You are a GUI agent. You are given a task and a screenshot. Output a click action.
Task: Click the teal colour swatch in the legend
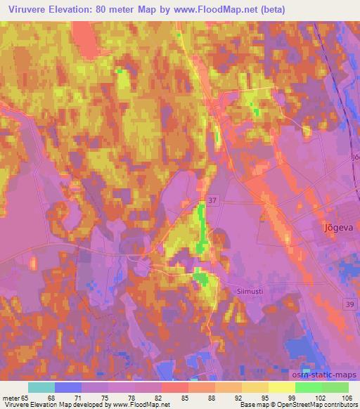point(41,387)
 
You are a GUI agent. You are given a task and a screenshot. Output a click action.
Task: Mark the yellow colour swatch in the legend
point(281,387)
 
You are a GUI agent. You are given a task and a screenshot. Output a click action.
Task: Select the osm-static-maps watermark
point(325,375)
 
